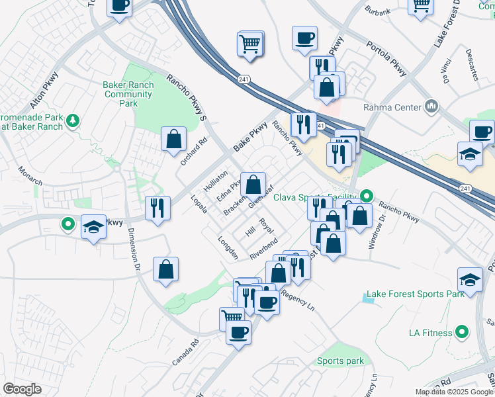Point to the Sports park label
pos(340,361)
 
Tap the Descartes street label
pos(471,64)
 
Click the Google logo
pos(22,389)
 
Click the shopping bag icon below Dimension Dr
pos(165,269)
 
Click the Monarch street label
pos(30,175)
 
